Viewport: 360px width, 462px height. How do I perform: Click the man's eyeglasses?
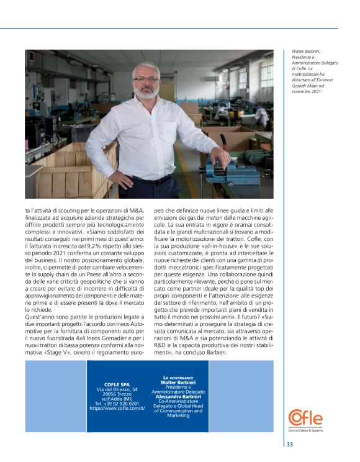tap(145, 79)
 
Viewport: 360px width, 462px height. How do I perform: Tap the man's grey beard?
tap(146, 93)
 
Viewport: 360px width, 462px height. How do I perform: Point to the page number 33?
tap(290, 444)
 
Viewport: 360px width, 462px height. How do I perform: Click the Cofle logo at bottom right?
tap(305, 417)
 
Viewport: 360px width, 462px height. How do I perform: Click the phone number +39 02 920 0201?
tap(116, 403)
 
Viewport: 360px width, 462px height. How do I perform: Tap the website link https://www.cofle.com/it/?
tap(117, 408)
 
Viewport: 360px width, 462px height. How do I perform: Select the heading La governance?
tap(178, 378)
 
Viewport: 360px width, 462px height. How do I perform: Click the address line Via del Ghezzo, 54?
tap(116, 389)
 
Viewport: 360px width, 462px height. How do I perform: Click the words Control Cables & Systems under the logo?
tap(305, 430)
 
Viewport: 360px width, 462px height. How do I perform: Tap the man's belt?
tap(151, 179)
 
